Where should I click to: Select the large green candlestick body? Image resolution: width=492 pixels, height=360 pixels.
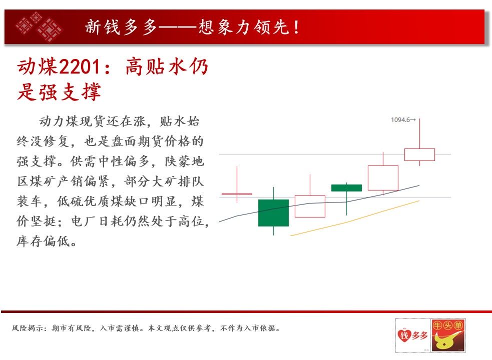point(273,212)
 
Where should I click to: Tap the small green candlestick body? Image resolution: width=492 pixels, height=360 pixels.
point(346,188)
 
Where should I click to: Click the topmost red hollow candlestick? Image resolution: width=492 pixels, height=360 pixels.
point(419,154)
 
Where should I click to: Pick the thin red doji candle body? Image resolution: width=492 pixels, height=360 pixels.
point(237,194)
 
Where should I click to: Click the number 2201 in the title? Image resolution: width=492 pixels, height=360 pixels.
point(80,66)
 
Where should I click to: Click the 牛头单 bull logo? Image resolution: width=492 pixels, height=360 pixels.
point(448,335)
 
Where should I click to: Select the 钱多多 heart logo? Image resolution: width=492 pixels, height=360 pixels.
point(412,335)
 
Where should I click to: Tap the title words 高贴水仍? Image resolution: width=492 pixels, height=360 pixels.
point(167,66)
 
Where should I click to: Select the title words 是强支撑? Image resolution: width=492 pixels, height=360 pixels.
point(59,91)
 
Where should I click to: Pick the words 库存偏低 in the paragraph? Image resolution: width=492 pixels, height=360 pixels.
point(44,241)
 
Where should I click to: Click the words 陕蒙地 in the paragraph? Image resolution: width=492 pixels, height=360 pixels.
point(185,161)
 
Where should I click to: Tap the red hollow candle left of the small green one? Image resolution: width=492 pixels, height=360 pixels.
point(310,206)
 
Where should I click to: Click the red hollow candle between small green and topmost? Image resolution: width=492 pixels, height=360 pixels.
point(383,178)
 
